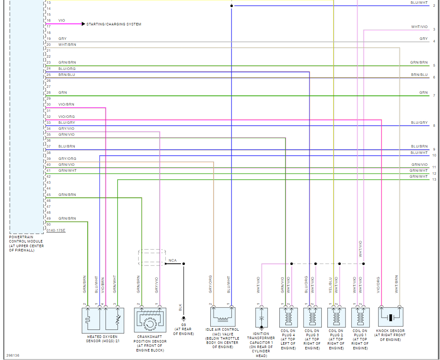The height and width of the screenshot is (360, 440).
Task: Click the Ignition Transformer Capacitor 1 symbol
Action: click(x=262, y=318)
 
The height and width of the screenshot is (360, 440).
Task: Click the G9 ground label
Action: click(x=184, y=325)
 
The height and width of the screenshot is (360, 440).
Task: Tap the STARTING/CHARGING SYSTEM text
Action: click(x=114, y=24)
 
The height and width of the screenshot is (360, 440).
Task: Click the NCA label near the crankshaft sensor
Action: click(x=173, y=260)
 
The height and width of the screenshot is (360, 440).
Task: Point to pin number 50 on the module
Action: click(x=48, y=224)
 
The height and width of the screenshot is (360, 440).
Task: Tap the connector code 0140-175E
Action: click(x=56, y=230)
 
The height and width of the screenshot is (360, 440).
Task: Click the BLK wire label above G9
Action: click(x=180, y=307)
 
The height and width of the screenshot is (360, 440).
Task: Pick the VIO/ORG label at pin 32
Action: click(x=67, y=117)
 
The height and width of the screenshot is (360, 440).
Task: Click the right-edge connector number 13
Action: click(x=434, y=179)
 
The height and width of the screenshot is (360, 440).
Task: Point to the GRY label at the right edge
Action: click(x=423, y=39)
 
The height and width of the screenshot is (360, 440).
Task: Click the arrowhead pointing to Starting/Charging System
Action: click(x=83, y=24)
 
